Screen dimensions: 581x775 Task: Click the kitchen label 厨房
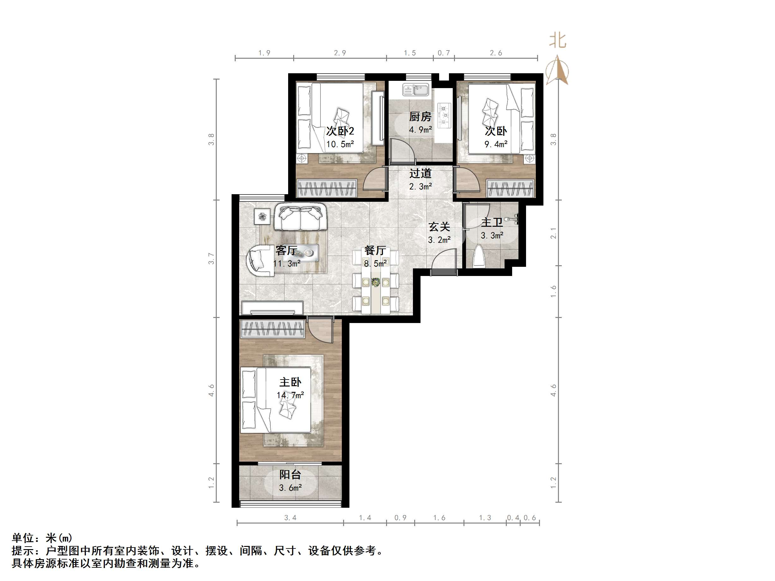[x=420, y=117]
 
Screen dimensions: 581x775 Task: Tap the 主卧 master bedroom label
[x=290, y=382]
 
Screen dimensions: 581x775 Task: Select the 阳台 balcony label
[x=290, y=475]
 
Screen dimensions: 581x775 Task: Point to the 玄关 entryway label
[x=439, y=227]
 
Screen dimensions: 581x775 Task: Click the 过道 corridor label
[x=421, y=173]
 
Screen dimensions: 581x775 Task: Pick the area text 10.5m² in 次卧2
[x=340, y=144]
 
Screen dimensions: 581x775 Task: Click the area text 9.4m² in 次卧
[x=496, y=144]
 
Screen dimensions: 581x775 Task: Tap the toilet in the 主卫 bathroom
[x=479, y=257]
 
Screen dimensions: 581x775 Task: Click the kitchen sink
[x=416, y=90]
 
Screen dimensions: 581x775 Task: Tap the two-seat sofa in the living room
[x=300, y=218]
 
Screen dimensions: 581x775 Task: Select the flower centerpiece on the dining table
[x=376, y=282]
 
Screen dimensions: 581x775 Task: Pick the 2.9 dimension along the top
[x=340, y=53]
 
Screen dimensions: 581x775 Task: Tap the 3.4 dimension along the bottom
[x=290, y=518]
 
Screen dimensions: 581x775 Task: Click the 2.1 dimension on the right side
[x=553, y=233]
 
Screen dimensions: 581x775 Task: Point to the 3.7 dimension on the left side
[x=211, y=259]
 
